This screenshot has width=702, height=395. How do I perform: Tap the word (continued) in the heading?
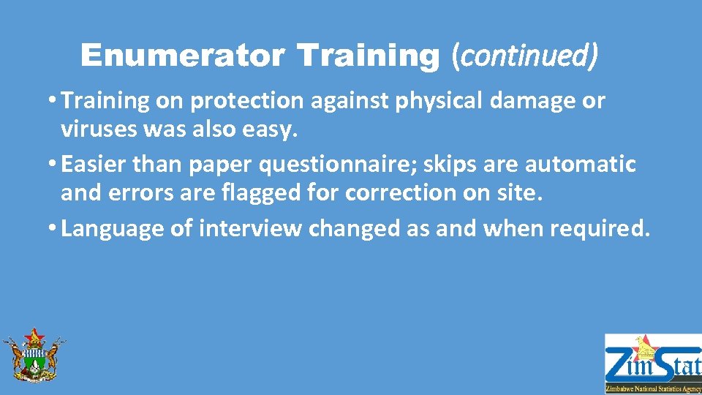525,56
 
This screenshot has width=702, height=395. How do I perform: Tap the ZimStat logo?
652,364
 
